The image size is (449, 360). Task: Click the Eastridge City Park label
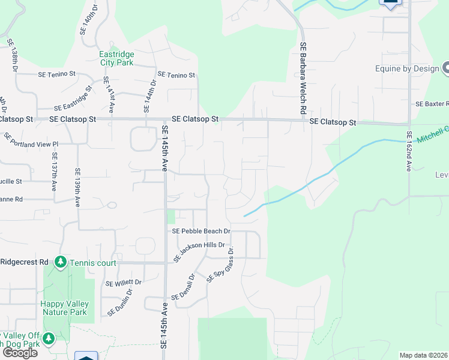point(116,58)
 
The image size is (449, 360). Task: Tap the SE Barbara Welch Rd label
point(304,79)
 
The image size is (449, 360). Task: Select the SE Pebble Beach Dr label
point(201,231)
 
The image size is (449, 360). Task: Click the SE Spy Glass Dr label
point(220,265)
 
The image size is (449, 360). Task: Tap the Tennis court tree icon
point(60,262)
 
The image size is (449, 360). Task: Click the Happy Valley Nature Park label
point(64,308)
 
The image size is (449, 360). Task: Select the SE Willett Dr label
point(124,283)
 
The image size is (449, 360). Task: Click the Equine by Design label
point(407,68)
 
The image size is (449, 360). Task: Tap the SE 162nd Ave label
point(409,152)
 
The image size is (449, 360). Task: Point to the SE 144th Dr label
point(149,96)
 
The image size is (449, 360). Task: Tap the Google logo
point(20,353)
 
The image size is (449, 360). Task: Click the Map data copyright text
point(424,355)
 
